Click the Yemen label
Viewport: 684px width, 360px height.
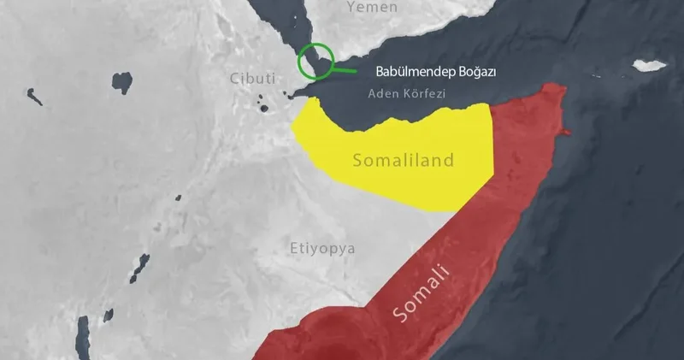(x=372, y=8)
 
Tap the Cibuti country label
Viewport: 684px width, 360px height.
(x=252, y=78)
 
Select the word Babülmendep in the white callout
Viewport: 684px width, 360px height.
(x=415, y=71)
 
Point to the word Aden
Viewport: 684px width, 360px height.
(x=381, y=92)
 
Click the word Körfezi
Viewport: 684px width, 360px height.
(x=421, y=92)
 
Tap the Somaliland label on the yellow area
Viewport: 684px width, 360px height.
(x=403, y=159)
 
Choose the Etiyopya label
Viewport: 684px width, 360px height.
(x=321, y=249)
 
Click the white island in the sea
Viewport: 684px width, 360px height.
(x=649, y=65)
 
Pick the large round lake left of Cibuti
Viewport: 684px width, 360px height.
(x=122, y=82)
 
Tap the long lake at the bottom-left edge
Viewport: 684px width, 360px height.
(x=82, y=336)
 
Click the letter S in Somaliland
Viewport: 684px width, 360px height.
(x=357, y=160)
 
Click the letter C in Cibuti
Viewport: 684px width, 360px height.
(x=234, y=78)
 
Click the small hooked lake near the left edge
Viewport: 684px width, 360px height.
(x=34, y=96)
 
